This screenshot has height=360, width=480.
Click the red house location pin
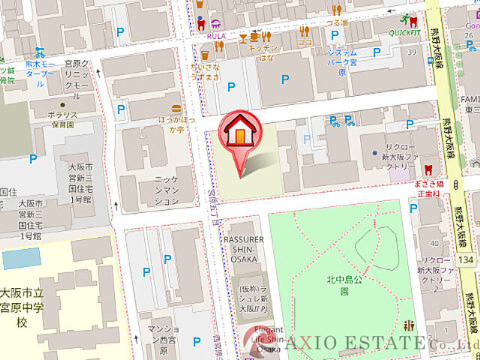click(x=238, y=135)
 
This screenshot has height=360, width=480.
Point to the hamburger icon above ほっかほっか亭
click(x=175, y=107)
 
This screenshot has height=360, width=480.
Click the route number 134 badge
click(x=465, y=259)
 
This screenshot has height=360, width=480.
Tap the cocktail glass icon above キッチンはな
click(x=243, y=36)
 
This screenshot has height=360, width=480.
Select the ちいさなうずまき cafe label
click(x=205, y=71)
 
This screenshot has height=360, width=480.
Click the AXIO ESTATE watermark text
click(x=360, y=344)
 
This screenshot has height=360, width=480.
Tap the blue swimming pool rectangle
click(x=21, y=259)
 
